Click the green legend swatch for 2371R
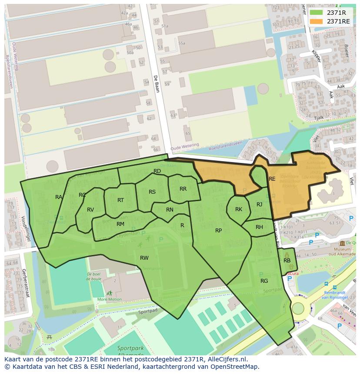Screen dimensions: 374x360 [316, 13]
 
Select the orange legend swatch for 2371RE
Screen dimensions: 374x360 [316, 21]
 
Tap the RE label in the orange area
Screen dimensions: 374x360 [272, 179]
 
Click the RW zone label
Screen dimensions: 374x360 [144, 258]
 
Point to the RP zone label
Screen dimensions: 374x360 [219, 231]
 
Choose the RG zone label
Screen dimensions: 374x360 [264, 281]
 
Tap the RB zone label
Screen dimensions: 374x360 [287, 261]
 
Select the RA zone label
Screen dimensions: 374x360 [59, 197]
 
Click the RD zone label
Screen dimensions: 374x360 [157, 171]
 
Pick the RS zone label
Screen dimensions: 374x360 [152, 192]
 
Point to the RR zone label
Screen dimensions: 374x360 [183, 189]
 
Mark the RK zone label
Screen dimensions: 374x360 [239, 209]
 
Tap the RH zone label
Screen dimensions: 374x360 [259, 227]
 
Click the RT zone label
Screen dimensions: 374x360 [121, 200]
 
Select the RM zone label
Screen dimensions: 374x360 [120, 224]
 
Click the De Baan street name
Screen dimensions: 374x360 [156, 84]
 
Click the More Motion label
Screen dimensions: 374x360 [110, 299]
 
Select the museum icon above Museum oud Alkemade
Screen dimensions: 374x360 [343, 243]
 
